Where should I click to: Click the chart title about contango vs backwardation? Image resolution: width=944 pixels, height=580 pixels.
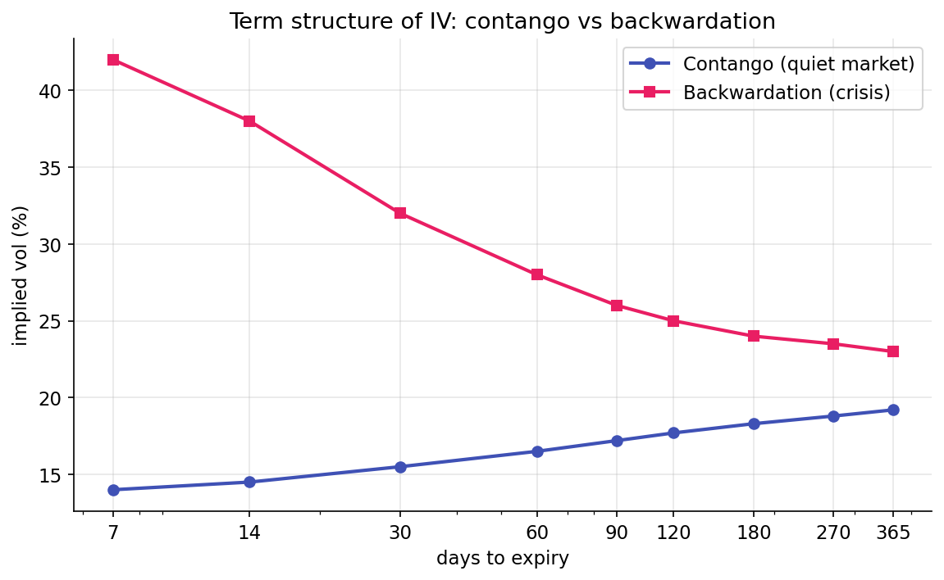click(x=502, y=21)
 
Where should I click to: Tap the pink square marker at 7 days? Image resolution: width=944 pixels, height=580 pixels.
click(x=113, y=60)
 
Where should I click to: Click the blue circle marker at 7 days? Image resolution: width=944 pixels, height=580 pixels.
click(x=113, y=490)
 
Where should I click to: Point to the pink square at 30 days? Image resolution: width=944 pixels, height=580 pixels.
click(x=400, y=213)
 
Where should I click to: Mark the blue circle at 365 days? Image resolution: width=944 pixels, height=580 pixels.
click(x=893, y=410)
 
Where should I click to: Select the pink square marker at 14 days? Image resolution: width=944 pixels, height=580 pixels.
click(x=249, y=121)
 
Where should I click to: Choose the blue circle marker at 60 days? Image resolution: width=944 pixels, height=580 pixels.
click(x=537, y=451)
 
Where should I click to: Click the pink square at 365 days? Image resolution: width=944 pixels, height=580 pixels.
click(x=893, y=351)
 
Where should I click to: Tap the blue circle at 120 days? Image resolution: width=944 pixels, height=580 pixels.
click(x=673, y=433)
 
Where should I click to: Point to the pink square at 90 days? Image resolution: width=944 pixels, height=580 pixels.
click(x=617, y=306)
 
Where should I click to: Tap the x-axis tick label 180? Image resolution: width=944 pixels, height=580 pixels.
click(x=754, y=533)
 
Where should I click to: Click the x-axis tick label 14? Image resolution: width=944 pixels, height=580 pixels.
click(x=249, y=533)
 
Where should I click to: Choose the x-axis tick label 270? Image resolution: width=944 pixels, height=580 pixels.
click(x=833, y=533)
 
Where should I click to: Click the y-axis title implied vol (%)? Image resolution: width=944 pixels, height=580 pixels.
click(x=21, y=275)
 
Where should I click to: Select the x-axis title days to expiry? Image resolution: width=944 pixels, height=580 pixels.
click(x=502, y=559)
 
